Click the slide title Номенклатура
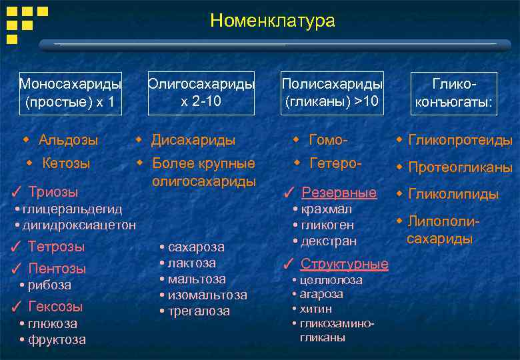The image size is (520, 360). click(272, 21)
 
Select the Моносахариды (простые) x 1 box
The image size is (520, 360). click(71, 93)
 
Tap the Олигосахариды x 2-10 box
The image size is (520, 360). click(201, 93)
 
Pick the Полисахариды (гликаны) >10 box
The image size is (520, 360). click(332, 93)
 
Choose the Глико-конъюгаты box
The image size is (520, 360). click(454, 93)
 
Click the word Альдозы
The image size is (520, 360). click(68, 140)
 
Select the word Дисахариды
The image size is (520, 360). click(193, 140)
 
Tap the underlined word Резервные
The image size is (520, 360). click(339, 193)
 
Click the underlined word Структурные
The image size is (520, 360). click(344, 263)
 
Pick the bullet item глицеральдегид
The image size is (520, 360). click(72, 210)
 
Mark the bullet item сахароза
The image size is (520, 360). click(196, 247)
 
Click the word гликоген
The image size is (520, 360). click(327, 225)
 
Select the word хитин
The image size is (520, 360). click(316, 309)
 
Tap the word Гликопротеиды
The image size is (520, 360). click(460, 140)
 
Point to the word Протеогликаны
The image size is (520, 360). click(460, 167)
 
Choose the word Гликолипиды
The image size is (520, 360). click(453, 194)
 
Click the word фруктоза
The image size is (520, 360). click(57, 339)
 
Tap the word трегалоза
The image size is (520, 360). click(199, 311)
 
